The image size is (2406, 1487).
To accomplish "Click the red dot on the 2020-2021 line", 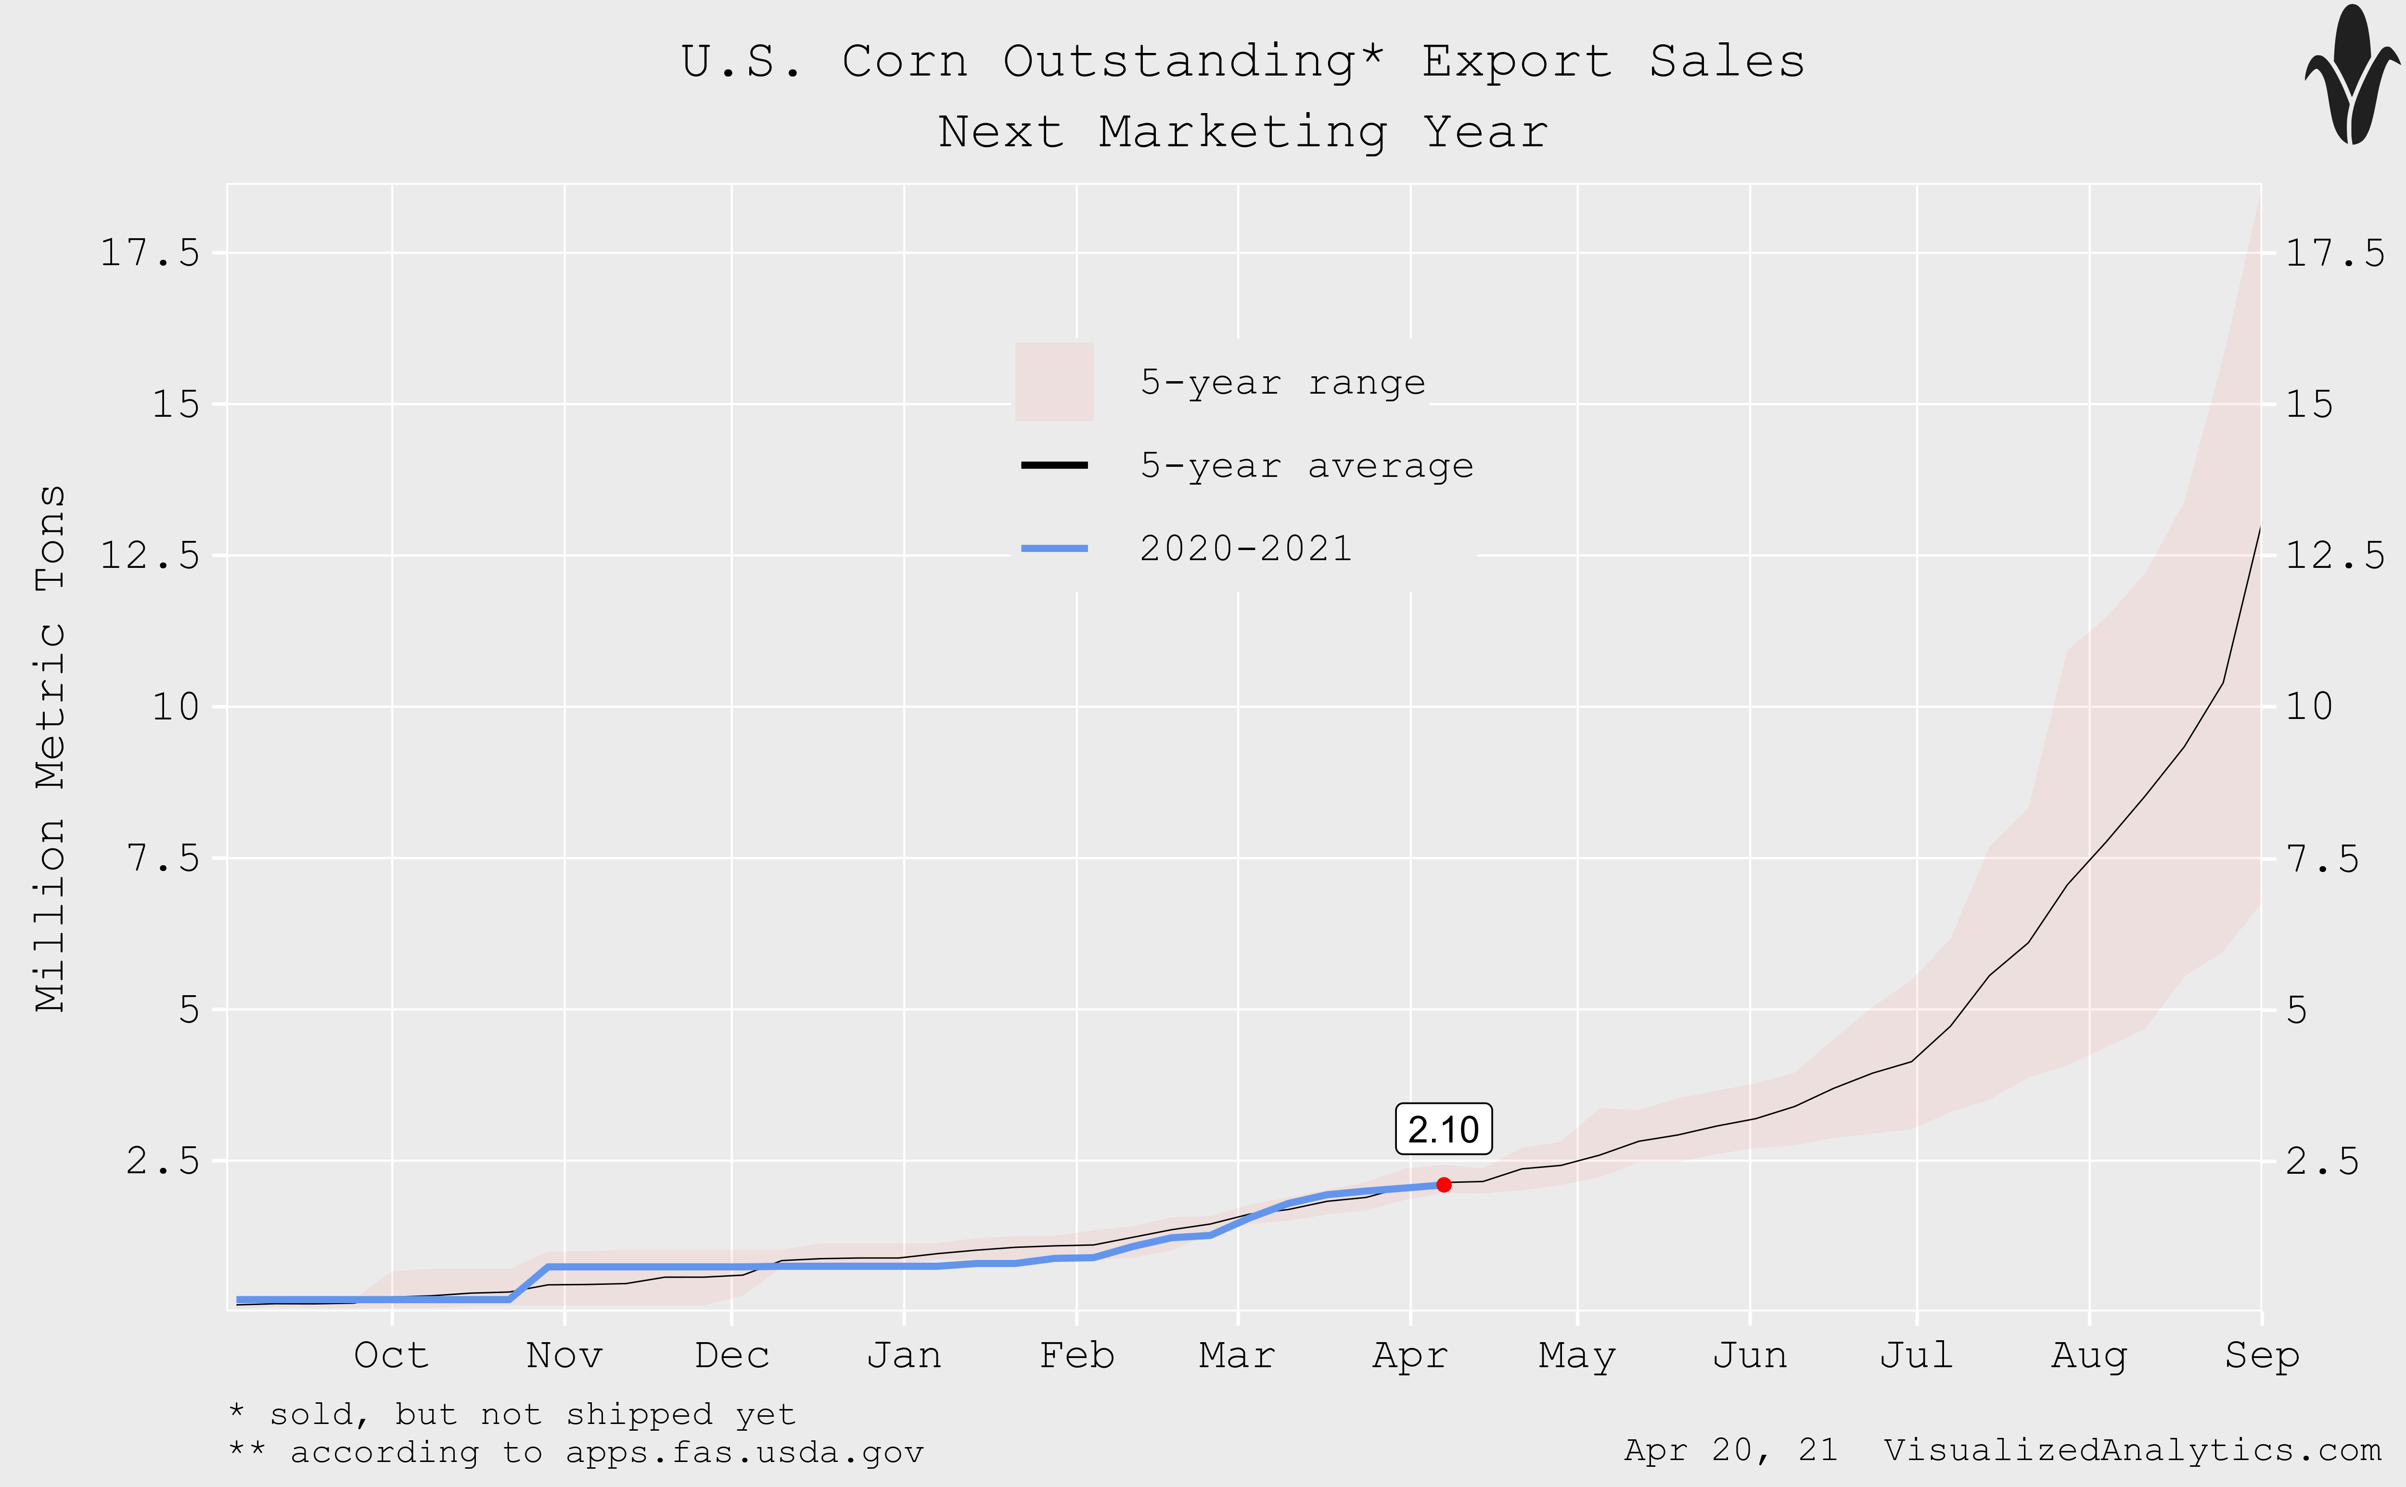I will click(1444, 1185).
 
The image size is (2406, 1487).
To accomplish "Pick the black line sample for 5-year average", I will click(1054, 465).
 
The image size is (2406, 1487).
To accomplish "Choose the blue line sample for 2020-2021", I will click(1054, 548).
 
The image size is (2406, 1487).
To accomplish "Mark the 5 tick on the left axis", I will click(189, 1010).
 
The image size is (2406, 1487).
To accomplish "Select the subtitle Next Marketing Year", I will click(1243, 132).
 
